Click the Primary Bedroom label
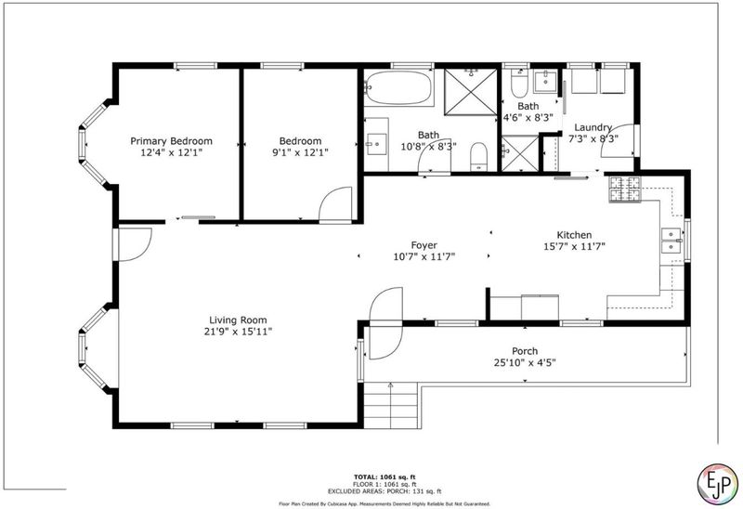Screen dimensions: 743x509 [171, 141]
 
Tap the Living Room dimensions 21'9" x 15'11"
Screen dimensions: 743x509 [238, 332]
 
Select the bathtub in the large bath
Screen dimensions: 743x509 [398, 87]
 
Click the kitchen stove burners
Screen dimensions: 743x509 [624, 189]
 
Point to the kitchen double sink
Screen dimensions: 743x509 [671, 241]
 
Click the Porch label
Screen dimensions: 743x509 [525, 351]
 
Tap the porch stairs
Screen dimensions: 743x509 [392, 405]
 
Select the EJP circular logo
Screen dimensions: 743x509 [717, 484]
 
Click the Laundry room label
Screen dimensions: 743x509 [593, 127]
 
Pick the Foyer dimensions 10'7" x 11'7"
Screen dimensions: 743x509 [424, 257]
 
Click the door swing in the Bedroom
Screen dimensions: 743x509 [335, 203]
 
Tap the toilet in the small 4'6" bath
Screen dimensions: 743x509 [519, 84]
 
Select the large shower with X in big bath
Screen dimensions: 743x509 [471, 92]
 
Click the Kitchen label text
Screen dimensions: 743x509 [574, 235]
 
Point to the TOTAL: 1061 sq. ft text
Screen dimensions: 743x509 [385, 476]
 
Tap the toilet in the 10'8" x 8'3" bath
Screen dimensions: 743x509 [479, 156]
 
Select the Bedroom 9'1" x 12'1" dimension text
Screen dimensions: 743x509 [300, 152]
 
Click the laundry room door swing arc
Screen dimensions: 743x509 [618, 141]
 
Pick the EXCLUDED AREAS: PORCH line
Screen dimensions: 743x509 [385, 491]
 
